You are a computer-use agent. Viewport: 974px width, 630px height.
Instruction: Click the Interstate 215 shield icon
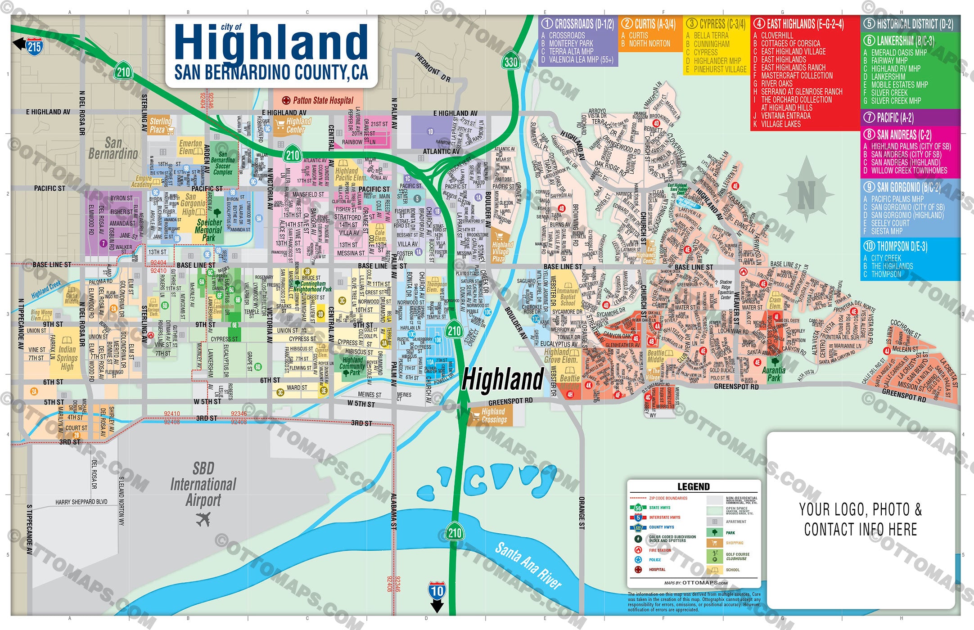(x=35, y=47)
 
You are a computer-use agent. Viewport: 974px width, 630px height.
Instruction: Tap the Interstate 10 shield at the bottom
(x=437, y=590)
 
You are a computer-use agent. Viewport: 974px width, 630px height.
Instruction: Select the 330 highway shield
(x=510, y=62)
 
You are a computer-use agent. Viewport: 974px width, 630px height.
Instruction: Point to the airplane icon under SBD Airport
(x=203, y=519)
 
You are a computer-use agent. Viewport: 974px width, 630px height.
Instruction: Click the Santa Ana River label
(x=528, y=566)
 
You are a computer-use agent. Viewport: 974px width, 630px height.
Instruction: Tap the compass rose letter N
(x=806, y=194)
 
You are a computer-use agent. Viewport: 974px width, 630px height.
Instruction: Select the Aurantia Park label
(x=774, y=374)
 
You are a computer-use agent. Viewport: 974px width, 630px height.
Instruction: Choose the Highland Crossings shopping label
(x=494, y=415)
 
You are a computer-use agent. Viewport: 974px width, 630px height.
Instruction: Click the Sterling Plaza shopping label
(x=161, y=125)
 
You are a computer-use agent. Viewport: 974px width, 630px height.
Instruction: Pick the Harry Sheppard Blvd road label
(x=81, y=502)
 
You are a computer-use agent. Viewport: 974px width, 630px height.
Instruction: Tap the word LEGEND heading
(x=693, y=486)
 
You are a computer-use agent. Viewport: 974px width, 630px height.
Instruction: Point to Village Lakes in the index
(x=780, y=124)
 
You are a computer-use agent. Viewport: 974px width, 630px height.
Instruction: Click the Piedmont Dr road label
(x=433, y=67)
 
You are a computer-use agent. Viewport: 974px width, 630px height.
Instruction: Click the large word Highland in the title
(x=271, y=43)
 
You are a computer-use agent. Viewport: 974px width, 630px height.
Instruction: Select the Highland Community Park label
(x=352, y=366)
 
